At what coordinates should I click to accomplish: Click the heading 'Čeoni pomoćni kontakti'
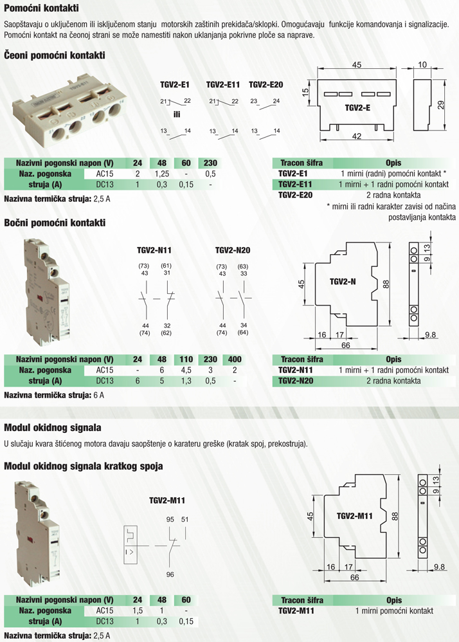(x=55, y=55)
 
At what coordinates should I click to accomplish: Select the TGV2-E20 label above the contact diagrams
(x=266, y=85)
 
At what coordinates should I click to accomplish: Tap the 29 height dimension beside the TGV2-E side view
(x=440, y=105)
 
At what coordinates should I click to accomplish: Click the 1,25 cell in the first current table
(x=162, y=174)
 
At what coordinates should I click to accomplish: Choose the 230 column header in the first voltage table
(x=210, y=163)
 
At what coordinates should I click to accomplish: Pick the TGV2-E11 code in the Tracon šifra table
(x=295, y=184)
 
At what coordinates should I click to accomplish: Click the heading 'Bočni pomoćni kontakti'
(x=55, y=223)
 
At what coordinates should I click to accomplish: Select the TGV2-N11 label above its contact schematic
(x=154, y=250)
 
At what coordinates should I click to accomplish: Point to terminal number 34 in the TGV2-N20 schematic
(x=244, y=326)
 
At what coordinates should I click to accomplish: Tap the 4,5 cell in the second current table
(x=186, y=370)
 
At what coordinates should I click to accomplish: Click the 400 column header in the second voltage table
(x=235, y=360)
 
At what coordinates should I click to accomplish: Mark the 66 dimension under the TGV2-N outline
(x=346, y=345)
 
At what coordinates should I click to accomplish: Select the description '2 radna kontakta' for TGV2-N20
(x=393, y=381)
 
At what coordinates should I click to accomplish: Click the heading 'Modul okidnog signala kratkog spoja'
(x=84, y=466)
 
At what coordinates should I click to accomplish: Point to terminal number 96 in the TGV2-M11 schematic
(x=170, y=574)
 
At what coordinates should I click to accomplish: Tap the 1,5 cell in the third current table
(x=138, y=610)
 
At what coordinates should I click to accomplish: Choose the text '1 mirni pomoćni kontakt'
(x=394, y=610)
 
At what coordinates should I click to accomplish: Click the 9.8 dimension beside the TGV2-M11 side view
(x=439, y=567)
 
